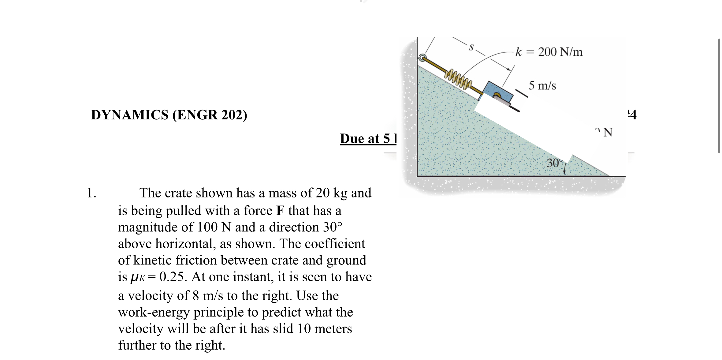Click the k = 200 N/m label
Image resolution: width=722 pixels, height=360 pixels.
pos(549,52)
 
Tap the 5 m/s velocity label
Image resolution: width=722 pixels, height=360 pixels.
pos(542,85)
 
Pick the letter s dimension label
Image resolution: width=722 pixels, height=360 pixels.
pos(471,47)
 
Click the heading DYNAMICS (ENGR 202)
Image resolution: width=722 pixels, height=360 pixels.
pos(169,115)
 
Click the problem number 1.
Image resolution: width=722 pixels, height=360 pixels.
pos(91,193)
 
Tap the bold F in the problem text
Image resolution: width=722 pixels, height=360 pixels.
pos(280,211)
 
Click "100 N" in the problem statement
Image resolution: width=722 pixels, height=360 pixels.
pos(214,227)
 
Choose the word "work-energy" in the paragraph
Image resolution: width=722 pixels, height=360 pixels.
pos(154,312)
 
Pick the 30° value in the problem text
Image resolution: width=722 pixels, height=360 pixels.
pos(332,227)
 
